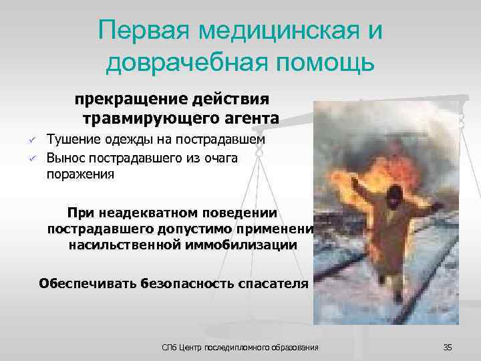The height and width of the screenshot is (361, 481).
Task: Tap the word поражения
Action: pyautogui.click(x=80, y=174)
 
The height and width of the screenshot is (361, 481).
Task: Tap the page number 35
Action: pyautogui.click(x=448, y=347)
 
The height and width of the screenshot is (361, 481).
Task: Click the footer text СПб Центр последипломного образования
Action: pyautogui.click(x=241, y=347)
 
